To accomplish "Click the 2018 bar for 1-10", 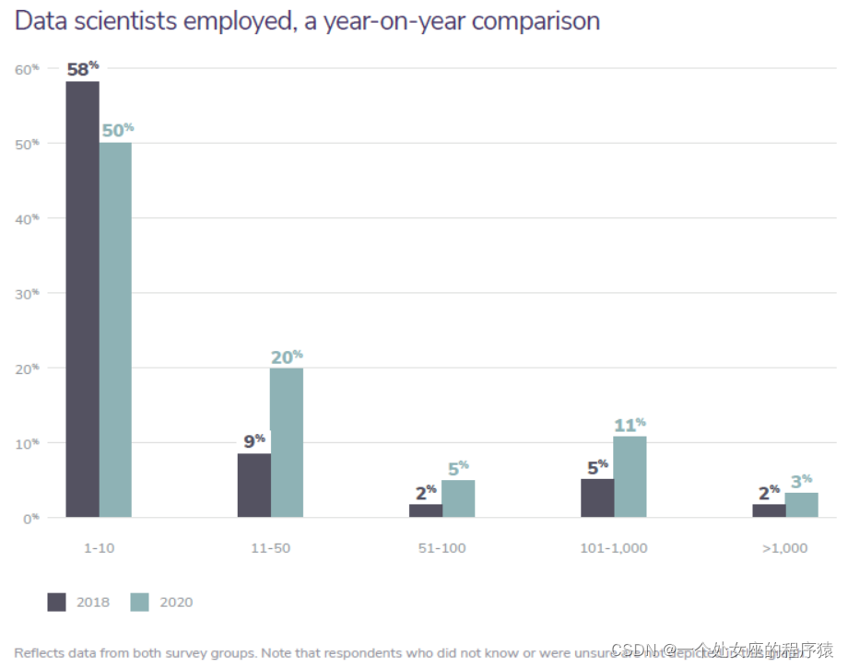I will [83, 299].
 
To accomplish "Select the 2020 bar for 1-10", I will [115, 330].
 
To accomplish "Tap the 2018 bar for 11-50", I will [254, 486].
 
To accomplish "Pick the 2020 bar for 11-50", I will [287, 443].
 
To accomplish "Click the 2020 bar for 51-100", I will [458, 498].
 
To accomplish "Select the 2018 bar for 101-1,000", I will [597, 498].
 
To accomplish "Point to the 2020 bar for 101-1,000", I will [630, 476].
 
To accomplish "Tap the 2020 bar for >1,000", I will [801, 505].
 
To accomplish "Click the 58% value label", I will [83, 69].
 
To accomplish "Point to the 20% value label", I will [287, 357].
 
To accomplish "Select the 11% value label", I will [630, 425].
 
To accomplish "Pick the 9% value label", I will [254, 441].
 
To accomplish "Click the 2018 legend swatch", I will [57, 603].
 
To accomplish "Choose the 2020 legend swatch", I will [139, 603].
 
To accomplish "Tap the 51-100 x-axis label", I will [442, 548].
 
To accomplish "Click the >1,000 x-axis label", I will [784, 548].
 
